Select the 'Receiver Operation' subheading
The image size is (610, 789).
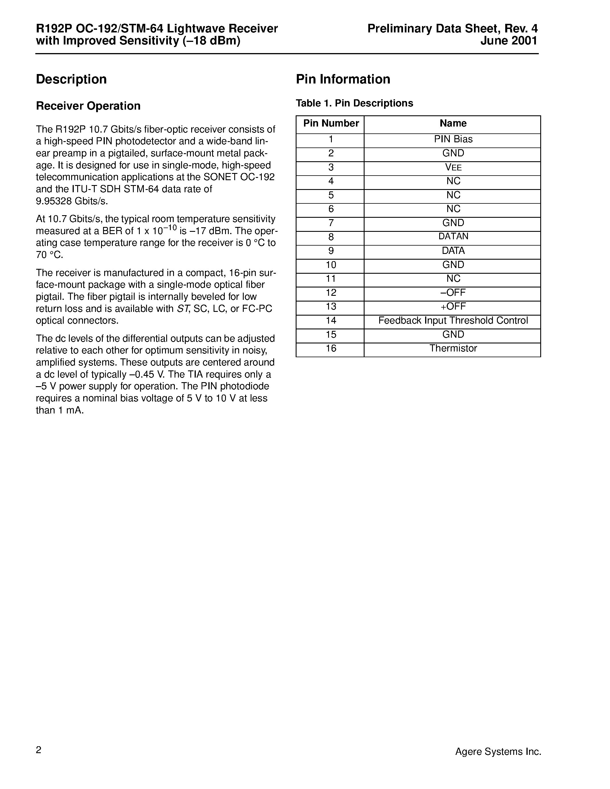coord(88,106)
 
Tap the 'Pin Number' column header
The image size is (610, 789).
coord(331,124)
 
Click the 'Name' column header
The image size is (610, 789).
coord(452,124)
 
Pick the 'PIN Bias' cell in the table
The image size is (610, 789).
coord(453,139)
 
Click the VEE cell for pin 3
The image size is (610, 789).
coord(453,168)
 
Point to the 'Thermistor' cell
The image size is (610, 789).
coord(453,349)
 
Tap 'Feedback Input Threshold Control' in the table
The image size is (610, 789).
coord(453,321)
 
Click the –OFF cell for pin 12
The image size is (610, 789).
coord(453,293)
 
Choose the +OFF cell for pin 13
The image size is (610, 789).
coord(453,307)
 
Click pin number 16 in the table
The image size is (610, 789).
coord(331,349)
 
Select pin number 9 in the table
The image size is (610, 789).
coord(331,251)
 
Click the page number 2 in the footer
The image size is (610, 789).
coord(39,750)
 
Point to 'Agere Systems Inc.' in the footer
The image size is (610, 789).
coord(497,752)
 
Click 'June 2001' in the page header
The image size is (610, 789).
coord(508,41)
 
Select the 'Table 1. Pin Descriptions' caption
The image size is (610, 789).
coord(354,103)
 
